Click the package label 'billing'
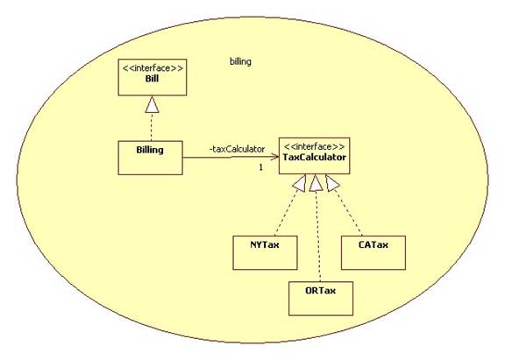pyautogui.click(x=240, y=61)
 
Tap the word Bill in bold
pyautogui.click(x=152, y=79)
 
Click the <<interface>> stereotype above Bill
pyautogui.click(x=153, y=68)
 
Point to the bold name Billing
pyautogui.click(x=150, y=150)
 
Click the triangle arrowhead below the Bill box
pyautogui.click(x=152, y=104)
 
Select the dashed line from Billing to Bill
pyautogui.click(x=152, y=127)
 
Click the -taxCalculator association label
pyautogui.click(x=237, y=149)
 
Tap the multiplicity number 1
pyautogui.click(x=261, y=167)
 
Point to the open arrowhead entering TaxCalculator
pyautogui.click(x=274, y=157)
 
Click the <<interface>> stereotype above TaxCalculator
pyautogui.click(x=314, y=146)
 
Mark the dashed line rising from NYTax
pyautogui.click(x=287, y=213)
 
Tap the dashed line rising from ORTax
pyautogui.click(x=318, y=236)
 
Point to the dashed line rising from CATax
pyautogui.click(x=348, y=213)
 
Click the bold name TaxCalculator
pyautogui.click(x=315, y=158)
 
